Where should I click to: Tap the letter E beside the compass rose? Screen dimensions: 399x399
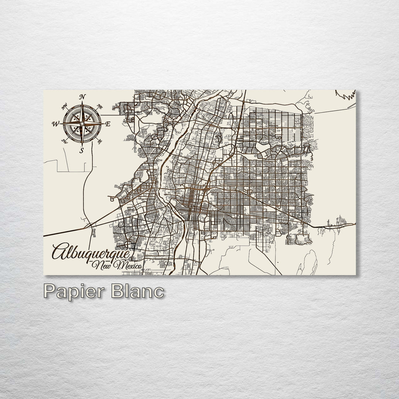[x=108, y=124]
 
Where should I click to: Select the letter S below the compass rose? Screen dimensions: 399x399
[x=82, y=150]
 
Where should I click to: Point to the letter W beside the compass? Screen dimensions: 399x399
[x=56, y=124]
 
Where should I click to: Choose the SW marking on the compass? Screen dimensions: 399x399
[x=65, y=141]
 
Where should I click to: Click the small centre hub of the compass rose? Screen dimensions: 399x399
[x=82, y=123]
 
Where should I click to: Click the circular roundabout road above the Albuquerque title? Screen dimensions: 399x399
[x=129, y=244]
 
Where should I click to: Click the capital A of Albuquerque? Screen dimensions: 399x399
[x=59, y=251]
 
